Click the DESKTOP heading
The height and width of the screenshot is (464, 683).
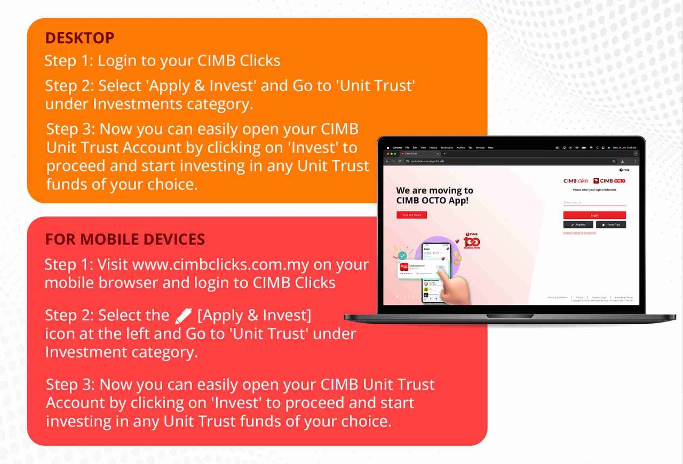[x=80, y=38]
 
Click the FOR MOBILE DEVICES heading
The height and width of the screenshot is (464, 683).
[x=125, y=239]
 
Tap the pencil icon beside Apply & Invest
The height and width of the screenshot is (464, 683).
[x=183, y=316]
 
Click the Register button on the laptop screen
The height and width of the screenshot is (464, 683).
[x=578, y=225]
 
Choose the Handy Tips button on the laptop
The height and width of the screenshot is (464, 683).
[x=611, y=225]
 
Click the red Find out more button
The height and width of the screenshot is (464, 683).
[x=411, y=215]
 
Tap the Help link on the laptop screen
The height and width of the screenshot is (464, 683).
[x=624, y=170]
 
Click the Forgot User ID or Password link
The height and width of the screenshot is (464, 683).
[x=579, y=233]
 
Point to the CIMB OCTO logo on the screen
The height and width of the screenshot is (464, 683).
[x=609, y=181]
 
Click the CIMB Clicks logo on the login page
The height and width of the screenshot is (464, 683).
[x=576, y=181]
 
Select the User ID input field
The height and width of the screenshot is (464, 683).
[x=594, y=203]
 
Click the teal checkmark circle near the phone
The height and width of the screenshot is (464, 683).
[x=402, y=256]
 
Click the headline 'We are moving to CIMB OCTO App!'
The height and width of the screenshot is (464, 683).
[x=434, y=195]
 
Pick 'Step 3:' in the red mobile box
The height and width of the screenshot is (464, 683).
[x=70, y=384]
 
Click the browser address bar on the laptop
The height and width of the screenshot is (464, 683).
[x=507, y=161]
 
